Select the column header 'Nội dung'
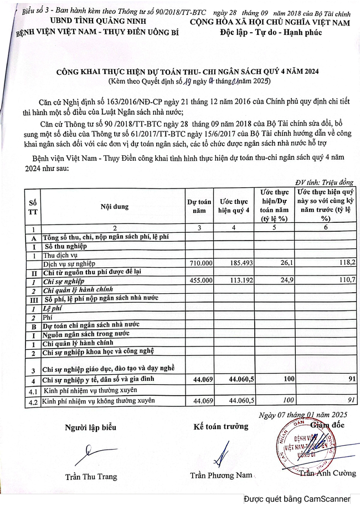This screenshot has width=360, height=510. tap(115, 207)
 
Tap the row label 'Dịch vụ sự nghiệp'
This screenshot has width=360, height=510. tap(70, 264)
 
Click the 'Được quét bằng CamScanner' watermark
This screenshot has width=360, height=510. tap(299, 499)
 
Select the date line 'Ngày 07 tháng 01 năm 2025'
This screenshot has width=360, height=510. tap(302, 414)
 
